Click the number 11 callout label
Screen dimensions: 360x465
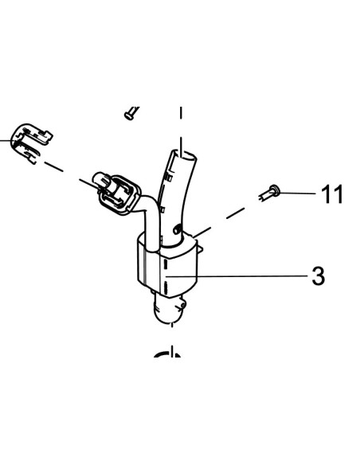(x=332, y=194)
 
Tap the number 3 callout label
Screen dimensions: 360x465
(x=319, y=276)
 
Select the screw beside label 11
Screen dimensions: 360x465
(x=269, y=193)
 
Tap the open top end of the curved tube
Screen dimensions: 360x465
(x=184, y=156)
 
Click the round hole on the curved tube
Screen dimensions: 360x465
(x=178, y=229)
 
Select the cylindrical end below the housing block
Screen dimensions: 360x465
(x=169, y=309)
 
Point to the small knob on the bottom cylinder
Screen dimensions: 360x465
(x=183, y=305)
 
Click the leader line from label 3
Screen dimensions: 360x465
(x=237, y=276)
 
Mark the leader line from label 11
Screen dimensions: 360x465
(x=298, y=193)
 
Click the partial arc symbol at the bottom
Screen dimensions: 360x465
(x=167, y=353)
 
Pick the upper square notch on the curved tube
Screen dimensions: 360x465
(x=169, y=178)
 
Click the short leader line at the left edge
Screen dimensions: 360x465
(x=6, y=139)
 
